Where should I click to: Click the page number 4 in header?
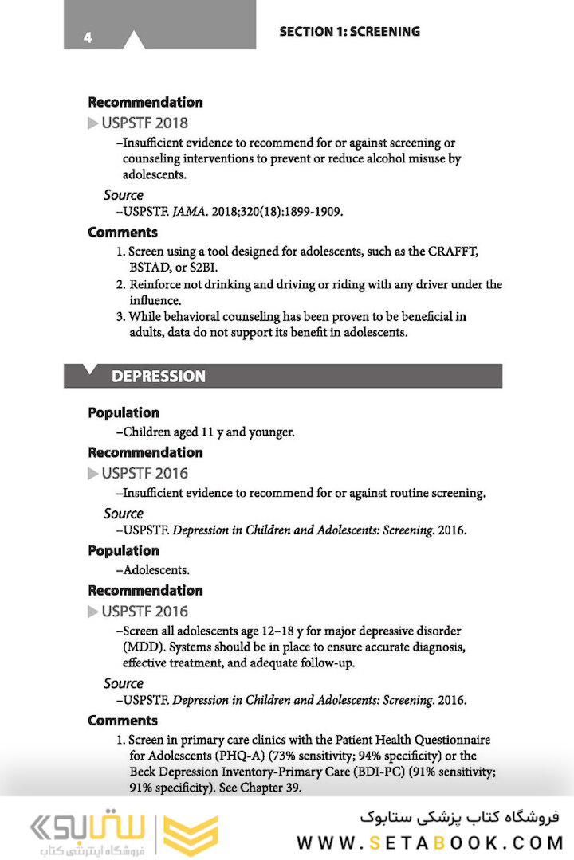tap(88, 37)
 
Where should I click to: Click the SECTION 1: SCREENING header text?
tap(349, 32)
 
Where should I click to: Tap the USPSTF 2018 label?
tap(144, 123)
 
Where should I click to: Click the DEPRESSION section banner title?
tap(158, 377)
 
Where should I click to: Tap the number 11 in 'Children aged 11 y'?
tap(207, 432)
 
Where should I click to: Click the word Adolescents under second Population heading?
tap(155, 570)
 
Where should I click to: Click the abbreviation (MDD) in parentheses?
tap(141, 646)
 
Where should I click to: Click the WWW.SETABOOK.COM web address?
tap(430, 842)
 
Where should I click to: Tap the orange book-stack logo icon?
tap(190, 835)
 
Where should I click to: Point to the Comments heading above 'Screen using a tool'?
tap(123, 233)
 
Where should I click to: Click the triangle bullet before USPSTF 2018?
tap(93, 123)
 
